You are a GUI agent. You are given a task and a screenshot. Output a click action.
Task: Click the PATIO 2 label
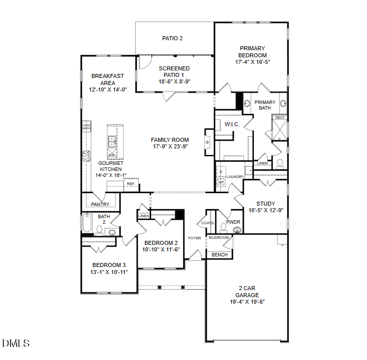[x=172, y=38]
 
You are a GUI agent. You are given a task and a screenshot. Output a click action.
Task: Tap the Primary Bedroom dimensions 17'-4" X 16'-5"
[x=252, y=62]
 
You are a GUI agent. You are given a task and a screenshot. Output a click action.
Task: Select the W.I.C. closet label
[x=232, y=124]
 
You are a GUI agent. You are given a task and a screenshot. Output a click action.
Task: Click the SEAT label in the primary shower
[x=280, y=118]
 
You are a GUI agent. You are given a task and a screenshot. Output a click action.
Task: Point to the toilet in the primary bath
[x=280, y=163]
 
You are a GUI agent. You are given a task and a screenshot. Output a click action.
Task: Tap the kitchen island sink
[x=112, y=142]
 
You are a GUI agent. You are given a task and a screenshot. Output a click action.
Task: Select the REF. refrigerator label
[x=131, y=184]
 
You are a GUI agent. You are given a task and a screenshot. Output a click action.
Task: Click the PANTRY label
[x=101, y=205]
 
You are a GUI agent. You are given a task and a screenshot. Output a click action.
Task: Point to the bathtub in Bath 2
[x=87, y=225]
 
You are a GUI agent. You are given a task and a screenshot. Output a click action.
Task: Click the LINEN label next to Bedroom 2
[x=144, y=216]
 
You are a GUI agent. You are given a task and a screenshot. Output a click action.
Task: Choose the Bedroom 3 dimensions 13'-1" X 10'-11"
[x=109, y=272]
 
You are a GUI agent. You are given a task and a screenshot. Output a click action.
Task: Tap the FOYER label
[x=195, y=238]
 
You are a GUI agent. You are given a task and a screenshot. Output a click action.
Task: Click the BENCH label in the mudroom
[x=219, y=255]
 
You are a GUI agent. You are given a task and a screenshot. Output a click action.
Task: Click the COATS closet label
[x=207, y=223]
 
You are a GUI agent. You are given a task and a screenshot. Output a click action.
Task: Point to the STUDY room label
[x=265, y=204]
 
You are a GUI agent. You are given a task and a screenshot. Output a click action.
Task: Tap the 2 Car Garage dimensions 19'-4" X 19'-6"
[x=247, y=302]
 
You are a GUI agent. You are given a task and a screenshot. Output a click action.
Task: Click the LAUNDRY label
[x=235, y=177]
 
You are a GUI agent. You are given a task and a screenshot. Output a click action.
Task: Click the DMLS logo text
[x=16, y=343]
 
